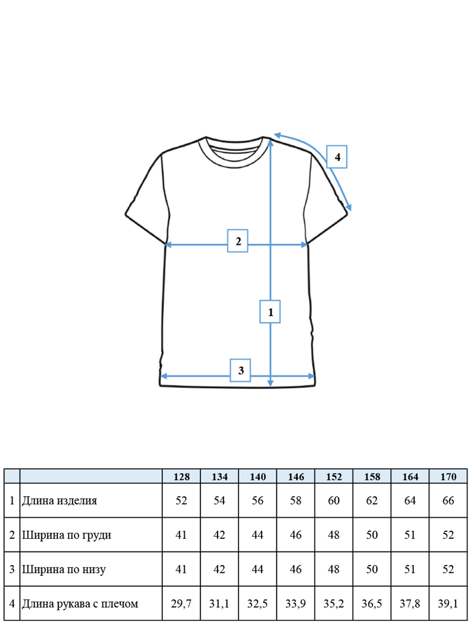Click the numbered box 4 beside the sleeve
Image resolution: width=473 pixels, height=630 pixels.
pos(336,156)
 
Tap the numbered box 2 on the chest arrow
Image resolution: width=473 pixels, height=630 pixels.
pos(238,241)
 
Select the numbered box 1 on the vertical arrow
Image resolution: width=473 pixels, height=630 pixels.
pos(270,312)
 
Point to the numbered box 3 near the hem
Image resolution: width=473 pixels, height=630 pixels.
pos(240,370)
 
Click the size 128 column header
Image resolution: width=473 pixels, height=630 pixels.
pos(181,477)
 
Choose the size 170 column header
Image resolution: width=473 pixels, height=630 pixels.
pos(448,477)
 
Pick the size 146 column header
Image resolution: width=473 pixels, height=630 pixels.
pos(296,477)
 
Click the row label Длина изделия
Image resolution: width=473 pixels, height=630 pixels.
pos(59,501)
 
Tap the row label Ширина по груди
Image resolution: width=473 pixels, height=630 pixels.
pos(66,535)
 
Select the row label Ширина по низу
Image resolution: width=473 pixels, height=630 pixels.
pos(64,570)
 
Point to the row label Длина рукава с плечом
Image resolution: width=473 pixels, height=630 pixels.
pos(80,604)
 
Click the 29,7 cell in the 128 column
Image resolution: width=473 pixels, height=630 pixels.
pos(181,604)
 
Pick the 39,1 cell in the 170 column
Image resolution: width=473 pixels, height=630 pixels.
pos(448,604)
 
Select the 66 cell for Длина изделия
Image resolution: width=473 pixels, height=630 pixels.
pos(448,500)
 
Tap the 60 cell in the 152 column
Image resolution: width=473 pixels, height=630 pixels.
pos(334,500)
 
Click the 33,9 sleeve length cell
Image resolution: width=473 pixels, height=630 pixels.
pos(295,604)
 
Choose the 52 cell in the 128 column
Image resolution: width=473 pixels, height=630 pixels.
pos(181,500)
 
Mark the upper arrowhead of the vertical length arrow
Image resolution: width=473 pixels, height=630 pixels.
pos(270,142)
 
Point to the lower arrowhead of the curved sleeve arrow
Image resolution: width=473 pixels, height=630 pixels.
pos(349,207)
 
